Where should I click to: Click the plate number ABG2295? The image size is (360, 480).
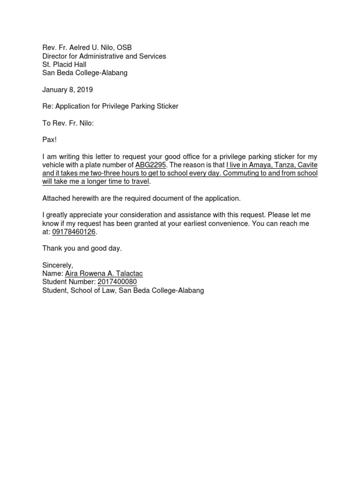[151, 165]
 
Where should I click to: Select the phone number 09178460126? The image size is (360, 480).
[74, 232]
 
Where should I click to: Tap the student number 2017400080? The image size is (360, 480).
[117, 282]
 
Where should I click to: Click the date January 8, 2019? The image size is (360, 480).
[67, 90]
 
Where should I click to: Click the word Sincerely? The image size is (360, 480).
[58, 265]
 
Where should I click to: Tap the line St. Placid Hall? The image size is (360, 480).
[64, 64]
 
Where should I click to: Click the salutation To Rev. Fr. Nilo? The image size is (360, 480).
[68, 123]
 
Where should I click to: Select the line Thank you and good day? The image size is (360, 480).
[82, 248]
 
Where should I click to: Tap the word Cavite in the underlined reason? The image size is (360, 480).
[307, 165]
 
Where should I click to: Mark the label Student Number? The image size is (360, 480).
[69, 282]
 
